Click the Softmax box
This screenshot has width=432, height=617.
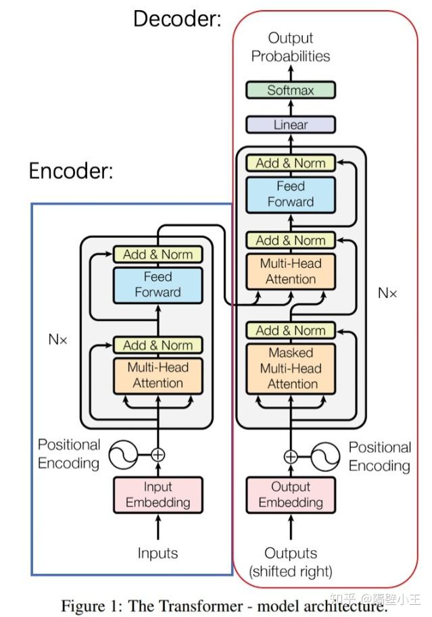[290, 90]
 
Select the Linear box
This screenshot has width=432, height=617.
[290, 124]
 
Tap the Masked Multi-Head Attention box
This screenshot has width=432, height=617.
[291, 368]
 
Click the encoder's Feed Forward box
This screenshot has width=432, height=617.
[158, 285]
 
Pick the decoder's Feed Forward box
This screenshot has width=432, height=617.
[291, 194]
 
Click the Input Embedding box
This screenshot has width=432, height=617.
[158, 495]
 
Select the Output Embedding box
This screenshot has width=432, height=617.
[291, 495]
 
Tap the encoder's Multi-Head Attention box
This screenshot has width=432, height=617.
[158, 375]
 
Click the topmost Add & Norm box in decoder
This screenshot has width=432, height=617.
[291, 163]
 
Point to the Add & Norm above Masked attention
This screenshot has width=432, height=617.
[291, 330]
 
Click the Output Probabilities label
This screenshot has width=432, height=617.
[291, 47]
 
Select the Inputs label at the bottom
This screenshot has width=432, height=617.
[158, 553]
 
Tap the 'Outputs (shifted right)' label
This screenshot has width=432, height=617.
[291, 562]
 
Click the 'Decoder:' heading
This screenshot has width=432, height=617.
[177, 18]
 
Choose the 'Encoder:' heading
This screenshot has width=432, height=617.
[70, 171]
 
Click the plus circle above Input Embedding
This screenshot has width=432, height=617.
[158, 455]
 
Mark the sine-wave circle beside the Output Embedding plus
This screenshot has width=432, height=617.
[325, 456]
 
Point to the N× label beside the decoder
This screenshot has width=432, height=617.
[387, 293]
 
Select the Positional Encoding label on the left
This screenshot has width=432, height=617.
[68, 453]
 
